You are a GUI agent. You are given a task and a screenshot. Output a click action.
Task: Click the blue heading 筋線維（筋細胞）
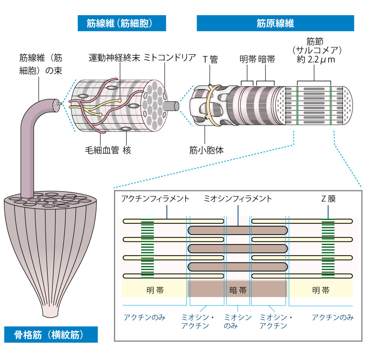(x=121, y=23)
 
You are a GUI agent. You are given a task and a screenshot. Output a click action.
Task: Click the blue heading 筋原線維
(x=275, y=23)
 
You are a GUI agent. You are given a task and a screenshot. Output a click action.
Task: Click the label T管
(x=210, y=59)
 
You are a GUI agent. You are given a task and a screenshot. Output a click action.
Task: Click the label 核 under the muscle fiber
(x=127, y=149)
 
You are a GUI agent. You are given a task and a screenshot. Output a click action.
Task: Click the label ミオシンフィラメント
(x=238, y=199)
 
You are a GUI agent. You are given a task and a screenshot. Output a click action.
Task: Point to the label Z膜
(x=327, y=199)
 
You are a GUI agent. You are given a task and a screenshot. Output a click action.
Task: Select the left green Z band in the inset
(x=147, y=248)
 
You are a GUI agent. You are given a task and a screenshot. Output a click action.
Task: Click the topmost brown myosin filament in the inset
(x=238, y=230)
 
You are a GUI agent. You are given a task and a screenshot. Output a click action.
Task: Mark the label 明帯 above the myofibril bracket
(x=248, y=59)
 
